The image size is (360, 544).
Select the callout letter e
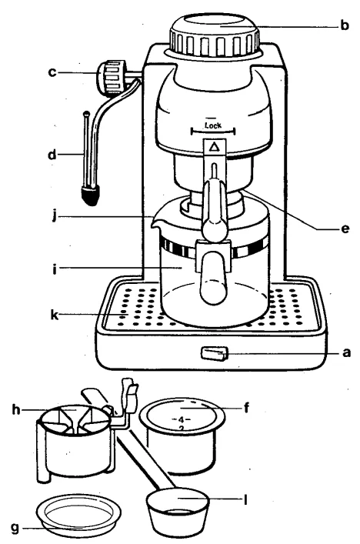348,229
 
